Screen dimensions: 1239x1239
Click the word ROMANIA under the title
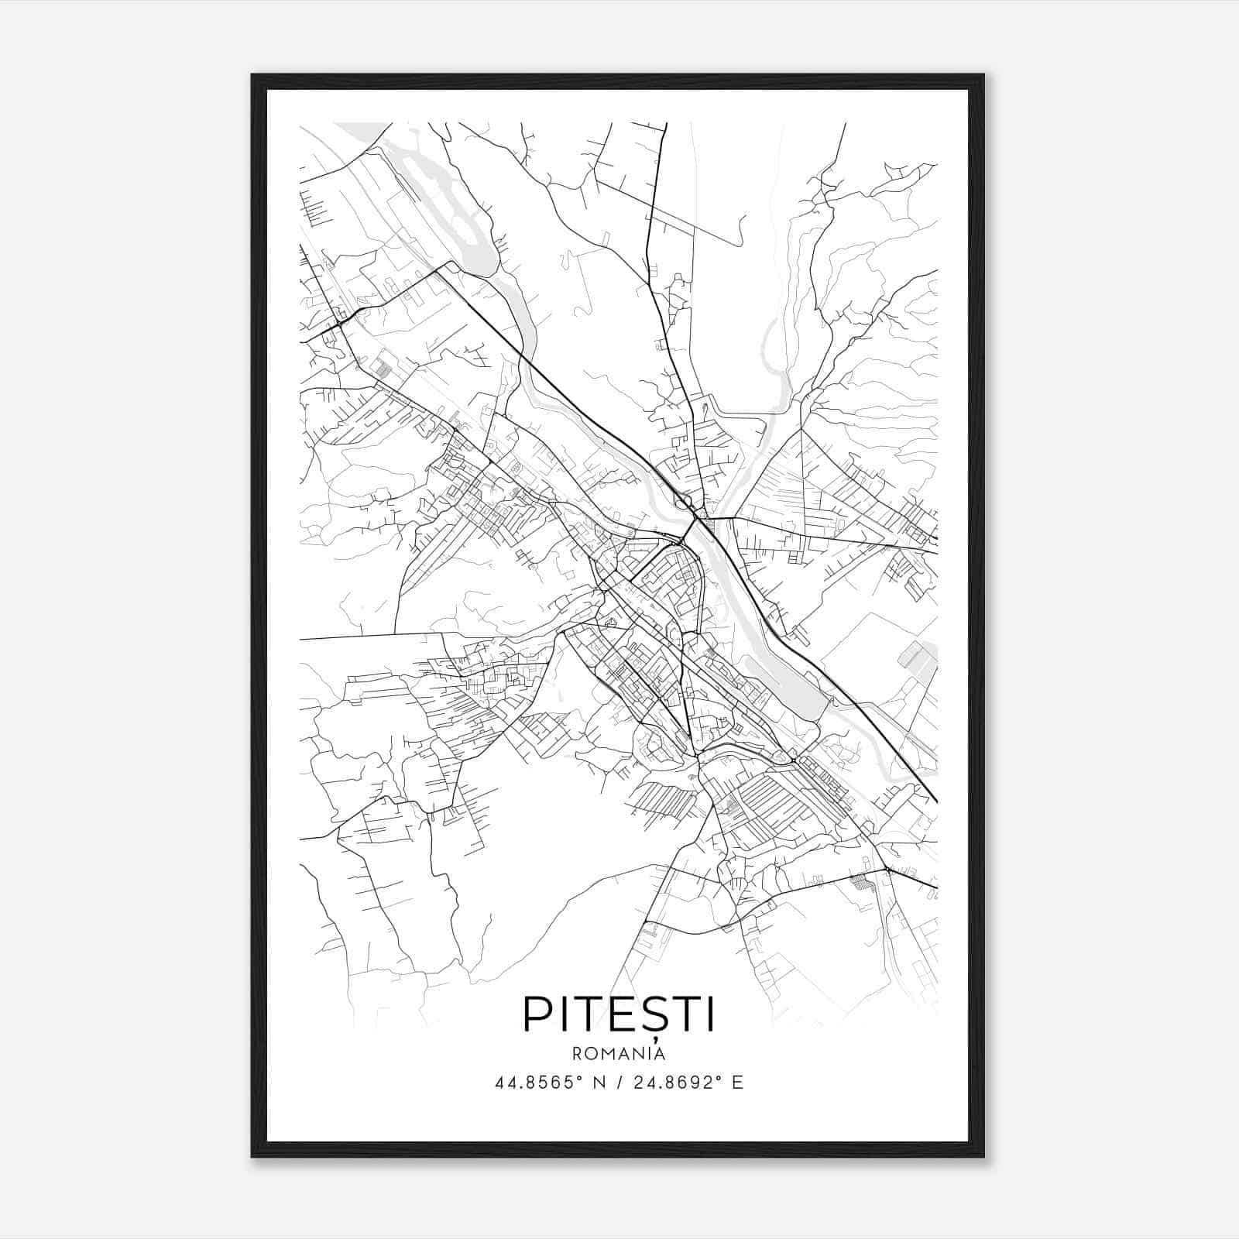[619, 1053]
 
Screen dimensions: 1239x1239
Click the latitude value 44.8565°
[538, 1083]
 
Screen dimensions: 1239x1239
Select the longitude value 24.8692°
[676, 1083]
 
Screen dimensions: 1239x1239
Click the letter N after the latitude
[599, 1083]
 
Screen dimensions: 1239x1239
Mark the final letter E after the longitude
[737, 1083]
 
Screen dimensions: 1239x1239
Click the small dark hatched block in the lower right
[860, 880]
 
